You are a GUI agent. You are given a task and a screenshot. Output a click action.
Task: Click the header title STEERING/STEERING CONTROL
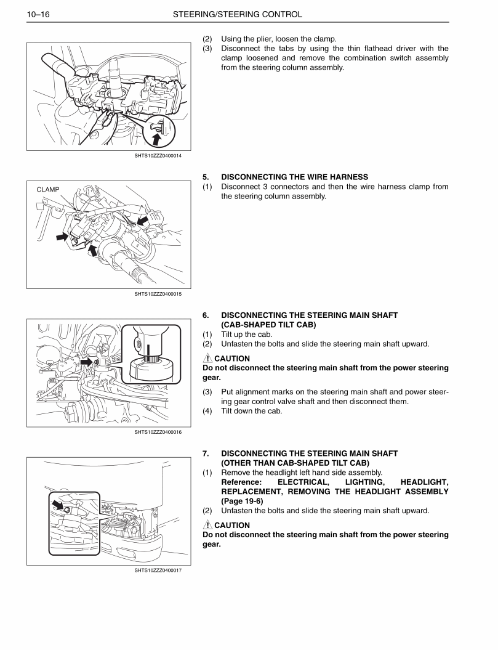(237, 14)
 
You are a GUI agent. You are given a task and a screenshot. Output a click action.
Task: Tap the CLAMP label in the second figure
(48, 190)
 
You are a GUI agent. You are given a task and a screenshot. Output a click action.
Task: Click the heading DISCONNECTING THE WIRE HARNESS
(294, 177)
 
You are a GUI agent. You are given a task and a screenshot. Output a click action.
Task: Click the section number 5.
(206, 177)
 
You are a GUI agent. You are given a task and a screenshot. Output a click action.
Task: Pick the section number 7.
(206, 453)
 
